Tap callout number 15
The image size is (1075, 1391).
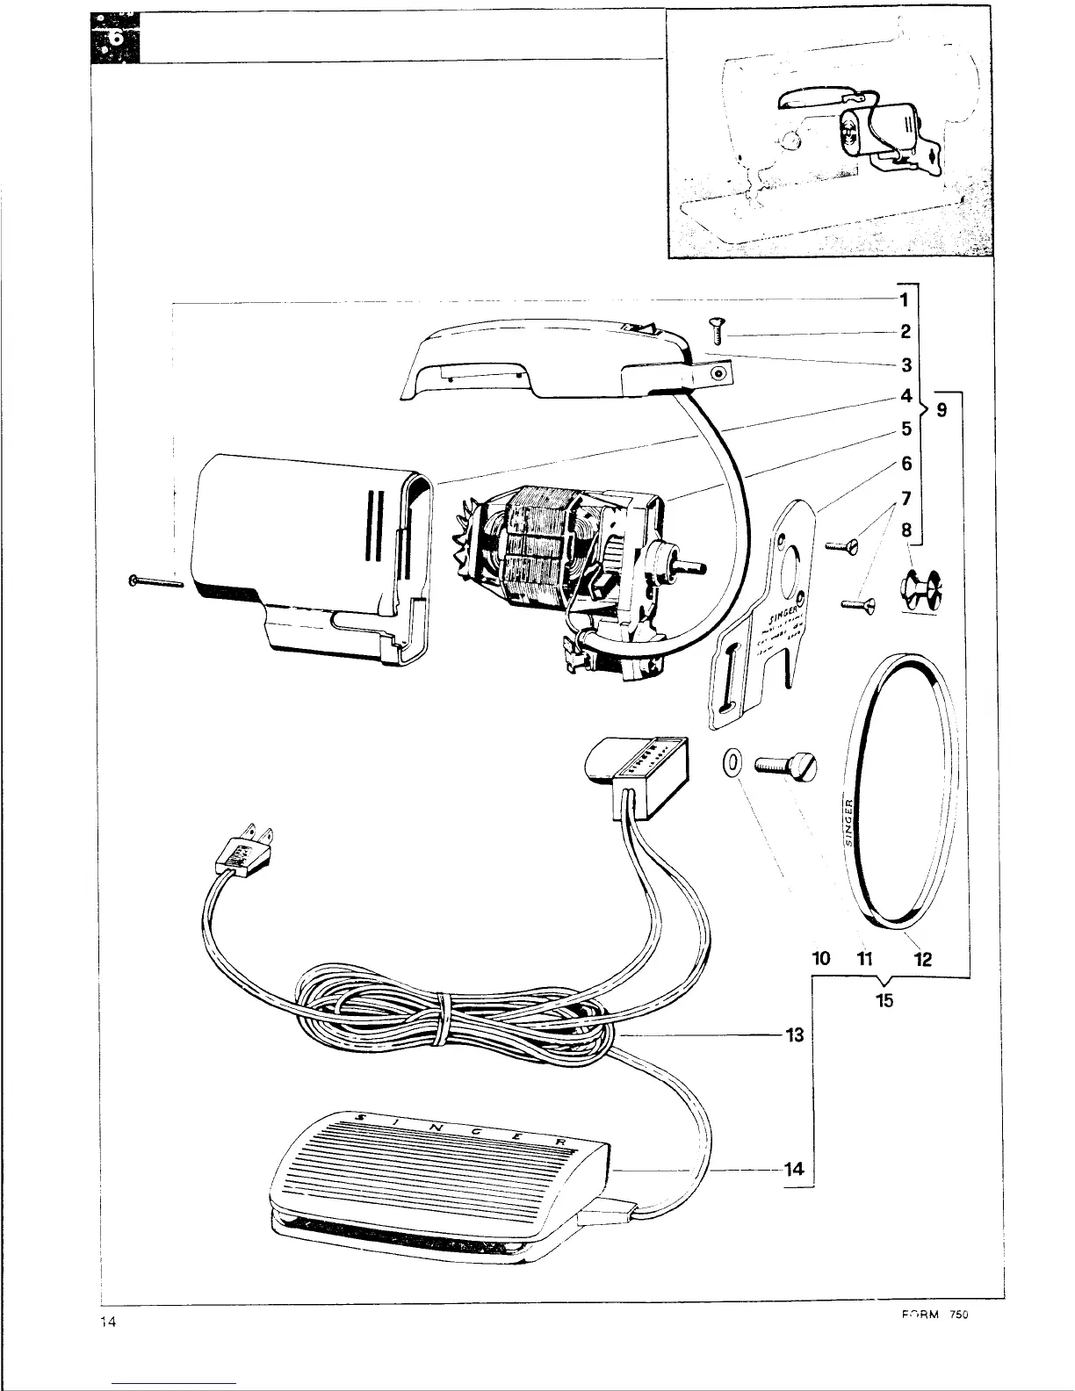884,999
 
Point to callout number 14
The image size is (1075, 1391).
794,1169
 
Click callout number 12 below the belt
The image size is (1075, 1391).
922,959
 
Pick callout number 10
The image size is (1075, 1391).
820,959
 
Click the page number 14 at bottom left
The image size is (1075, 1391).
110,1322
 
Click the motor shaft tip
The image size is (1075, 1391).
703,567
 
